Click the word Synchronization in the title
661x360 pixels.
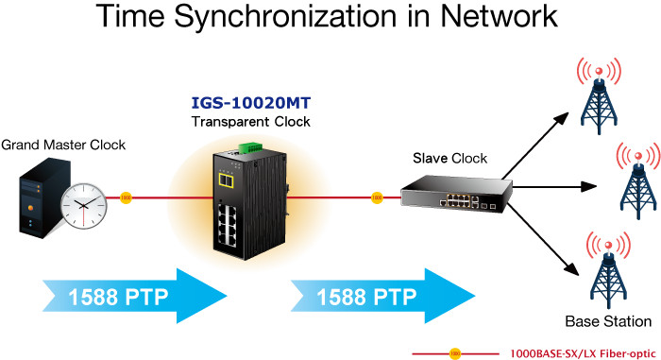(x=285, y=16)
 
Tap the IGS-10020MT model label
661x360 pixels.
(x=251, y=103)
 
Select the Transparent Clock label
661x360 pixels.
(x=251, y=122)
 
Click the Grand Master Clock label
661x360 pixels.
(x=63, y=145)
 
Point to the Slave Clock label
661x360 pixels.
(x=449, y=158)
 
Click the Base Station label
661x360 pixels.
(x=608, y=321)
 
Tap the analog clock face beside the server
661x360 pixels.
(x=84, y=206)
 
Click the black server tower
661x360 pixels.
(x=44, y=197)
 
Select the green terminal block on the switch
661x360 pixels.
(x=250, y=148)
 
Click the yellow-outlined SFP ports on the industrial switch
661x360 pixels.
(x=227, y=180)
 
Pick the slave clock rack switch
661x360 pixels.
(x=456, y=194)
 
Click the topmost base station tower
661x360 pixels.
(x=599, y=96)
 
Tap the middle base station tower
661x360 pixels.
(x=638, y=181)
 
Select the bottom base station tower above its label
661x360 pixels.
(x=608, y=270)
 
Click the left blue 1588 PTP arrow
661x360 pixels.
(x=135, y=296)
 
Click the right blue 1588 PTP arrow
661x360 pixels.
(x=382, y=296)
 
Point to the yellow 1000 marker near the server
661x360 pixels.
(x=126, y=197)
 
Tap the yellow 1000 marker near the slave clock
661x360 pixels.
(x=377, y=197)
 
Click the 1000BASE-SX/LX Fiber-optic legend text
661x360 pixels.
(x=583, y=353)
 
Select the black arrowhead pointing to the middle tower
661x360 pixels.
(x=589, y=186)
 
